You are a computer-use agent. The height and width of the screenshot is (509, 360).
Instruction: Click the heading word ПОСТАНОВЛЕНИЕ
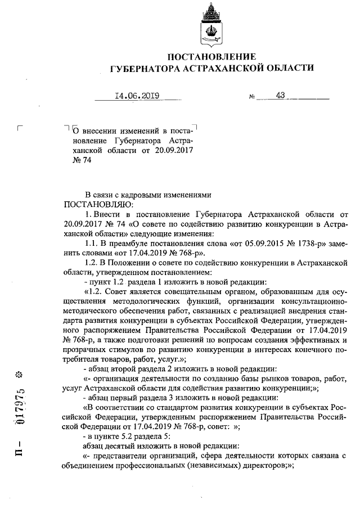pos(212,56)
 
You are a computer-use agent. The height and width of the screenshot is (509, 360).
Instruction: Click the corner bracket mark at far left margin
pos(20,128)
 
